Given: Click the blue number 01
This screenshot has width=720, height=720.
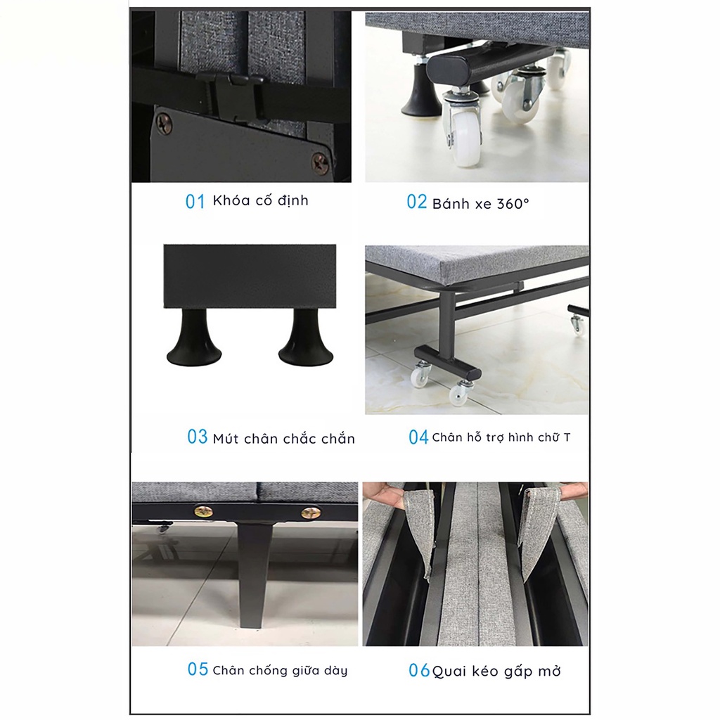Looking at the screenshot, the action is [195, 202].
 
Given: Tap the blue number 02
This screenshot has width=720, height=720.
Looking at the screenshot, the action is [416, 202].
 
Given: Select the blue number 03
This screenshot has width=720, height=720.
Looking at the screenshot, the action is [198, 437].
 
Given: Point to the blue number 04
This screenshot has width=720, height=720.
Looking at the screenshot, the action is [418, 437].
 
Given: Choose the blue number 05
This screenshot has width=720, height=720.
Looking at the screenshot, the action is [198, 669].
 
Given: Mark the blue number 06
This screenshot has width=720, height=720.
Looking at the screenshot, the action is [419, 670].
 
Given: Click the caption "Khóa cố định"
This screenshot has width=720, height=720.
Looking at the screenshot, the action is [260, 200].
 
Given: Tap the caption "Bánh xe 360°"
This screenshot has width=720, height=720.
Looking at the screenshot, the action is [481, 203].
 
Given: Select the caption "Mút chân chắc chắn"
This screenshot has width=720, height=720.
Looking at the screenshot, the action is [284, 438].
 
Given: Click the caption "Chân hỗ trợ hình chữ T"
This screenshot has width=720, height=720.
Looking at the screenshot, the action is [501, 437].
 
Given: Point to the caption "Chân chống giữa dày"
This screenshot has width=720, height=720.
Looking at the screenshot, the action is [280, 670].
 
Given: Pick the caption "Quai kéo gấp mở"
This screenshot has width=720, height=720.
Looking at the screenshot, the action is [496, 671].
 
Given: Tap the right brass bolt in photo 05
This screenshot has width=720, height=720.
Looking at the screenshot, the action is [311, 512].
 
